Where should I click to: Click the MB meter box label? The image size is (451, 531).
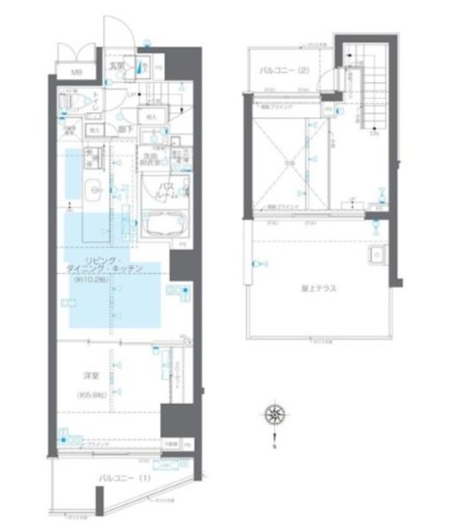pyautogui.click(x=76, y=72)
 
